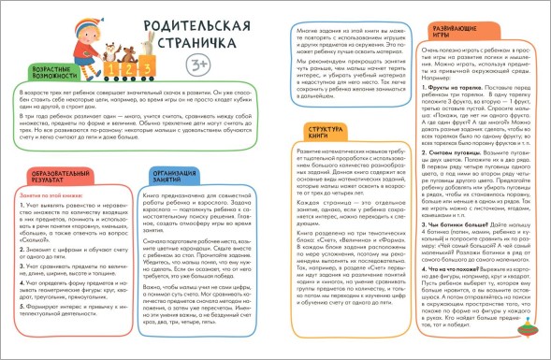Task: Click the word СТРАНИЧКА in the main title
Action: tap(183, 45)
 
